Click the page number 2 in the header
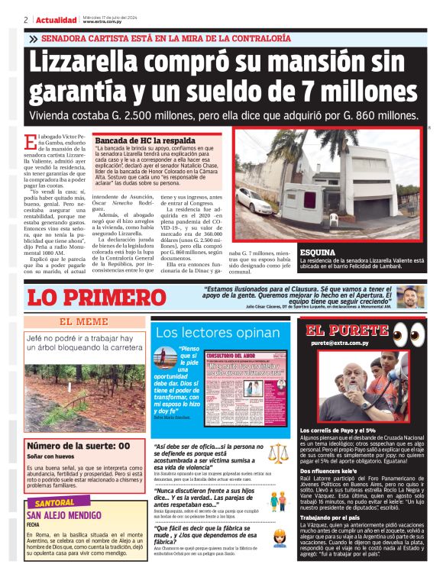(26, 20)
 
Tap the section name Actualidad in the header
(57, 20)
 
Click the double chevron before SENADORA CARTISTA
(34, 38)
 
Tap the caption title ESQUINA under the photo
(316, 251)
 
